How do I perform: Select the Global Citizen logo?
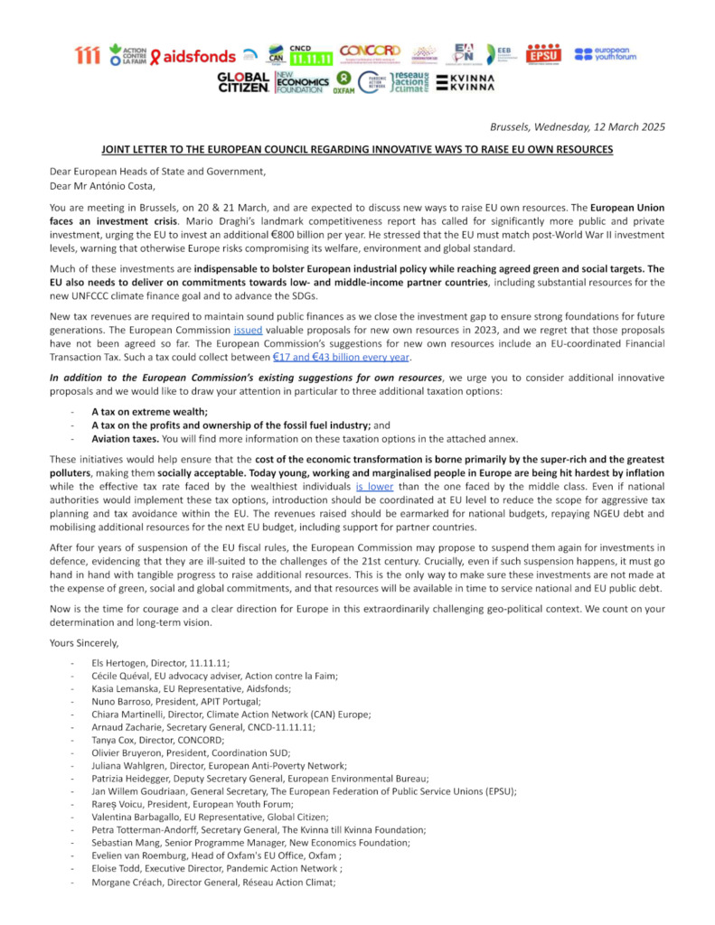pos(242,83)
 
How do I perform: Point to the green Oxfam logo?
pos(343,83)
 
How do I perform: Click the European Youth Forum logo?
pos(606,55)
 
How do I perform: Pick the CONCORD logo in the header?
pos(371,53)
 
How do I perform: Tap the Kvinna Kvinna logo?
pos(466,83)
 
